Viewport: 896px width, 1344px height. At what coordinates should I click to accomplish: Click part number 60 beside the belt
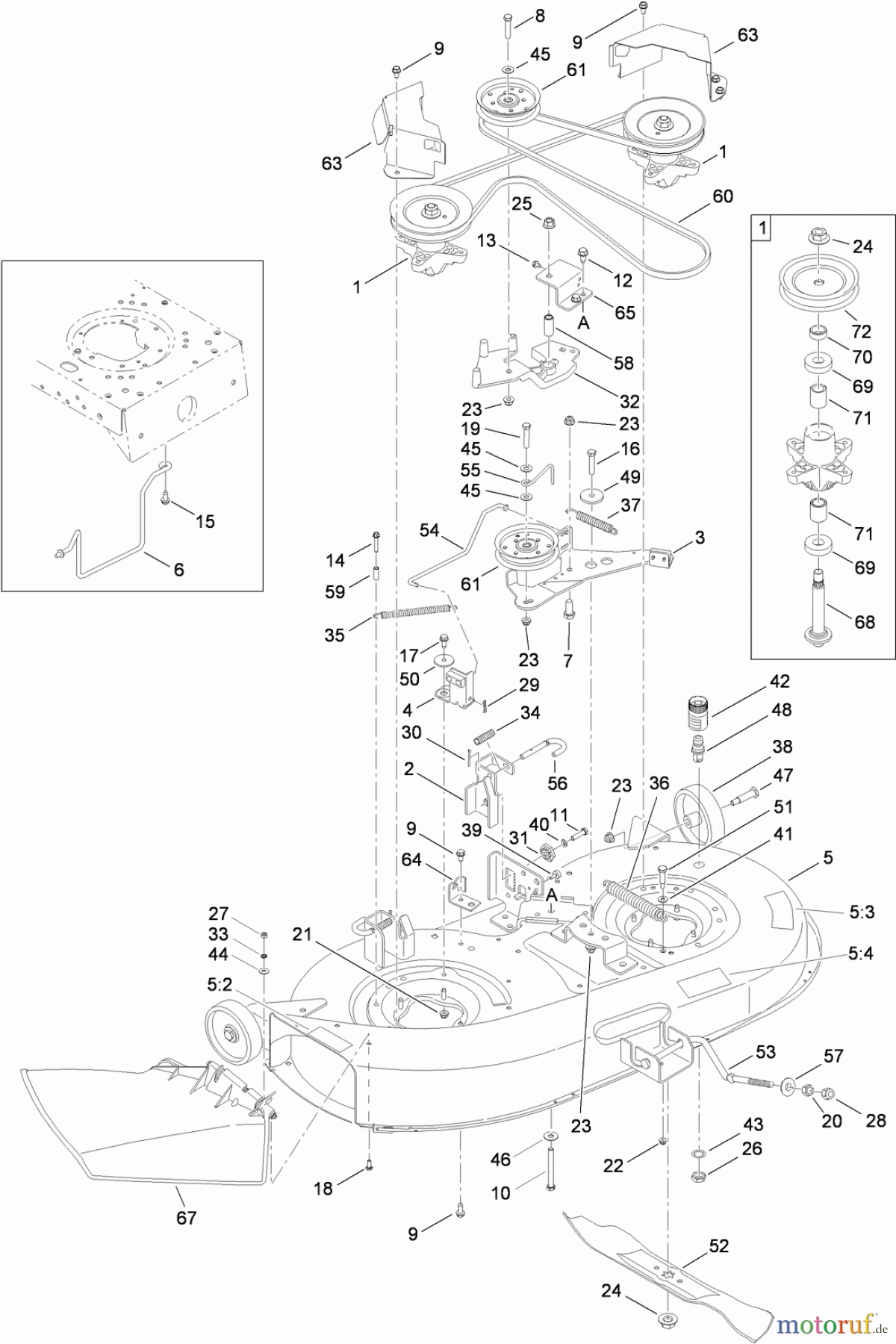click(723, 196)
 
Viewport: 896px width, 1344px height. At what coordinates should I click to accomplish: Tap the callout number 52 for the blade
click(718, 1245)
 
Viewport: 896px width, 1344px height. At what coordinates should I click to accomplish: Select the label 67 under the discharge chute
click(186, 1218)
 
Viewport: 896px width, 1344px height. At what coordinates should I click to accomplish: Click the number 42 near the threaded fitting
click(780, 681)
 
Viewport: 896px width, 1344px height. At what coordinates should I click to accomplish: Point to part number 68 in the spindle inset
click(864, 621)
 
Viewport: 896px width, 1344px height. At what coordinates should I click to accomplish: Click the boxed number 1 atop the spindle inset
click(762, 227)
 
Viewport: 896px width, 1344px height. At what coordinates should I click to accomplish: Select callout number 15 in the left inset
click(205, 521)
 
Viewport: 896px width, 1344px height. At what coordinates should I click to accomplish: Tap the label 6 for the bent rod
click(178, 569)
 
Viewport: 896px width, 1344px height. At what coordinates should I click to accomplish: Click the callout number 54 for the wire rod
click(429, 531)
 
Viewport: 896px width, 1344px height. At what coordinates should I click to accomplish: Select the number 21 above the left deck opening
click(302, 934)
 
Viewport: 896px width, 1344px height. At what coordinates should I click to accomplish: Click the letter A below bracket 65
click(584, 323)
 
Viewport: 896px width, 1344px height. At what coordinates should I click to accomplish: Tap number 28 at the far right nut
click(876, 1120)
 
